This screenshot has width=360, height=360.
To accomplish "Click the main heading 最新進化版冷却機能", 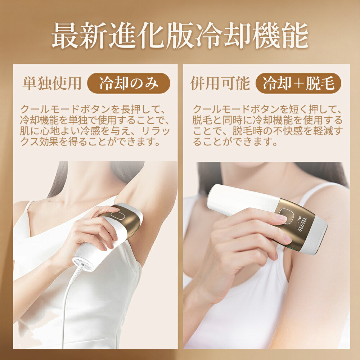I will [180, 36].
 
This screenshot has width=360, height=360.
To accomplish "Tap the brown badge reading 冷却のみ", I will [129, 84].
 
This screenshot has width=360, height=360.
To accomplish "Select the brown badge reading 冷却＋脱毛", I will [298, 84].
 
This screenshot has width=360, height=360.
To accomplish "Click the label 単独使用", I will [51, 84].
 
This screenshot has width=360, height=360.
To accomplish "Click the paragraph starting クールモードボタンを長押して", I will [95, 125].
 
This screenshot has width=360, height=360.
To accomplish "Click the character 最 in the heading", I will [65, 36].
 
